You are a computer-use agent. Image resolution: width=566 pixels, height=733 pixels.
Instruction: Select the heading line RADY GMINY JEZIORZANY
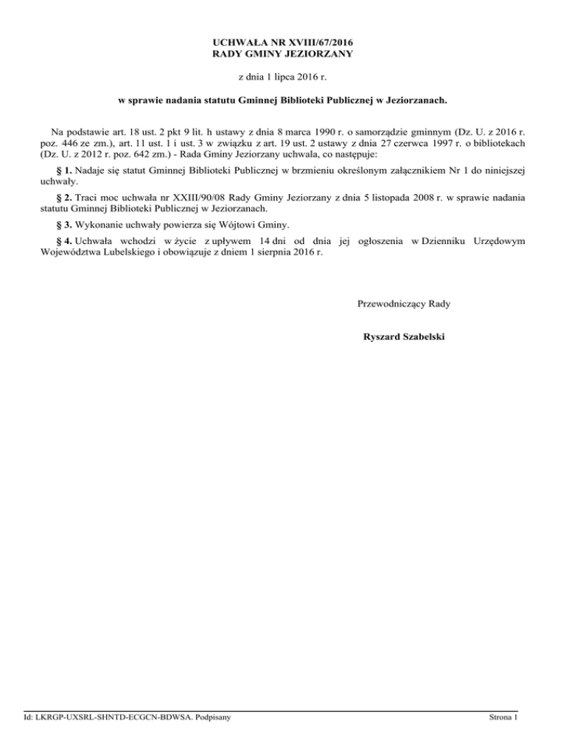[283, 54]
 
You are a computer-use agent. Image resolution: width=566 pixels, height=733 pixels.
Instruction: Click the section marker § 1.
[63, 171]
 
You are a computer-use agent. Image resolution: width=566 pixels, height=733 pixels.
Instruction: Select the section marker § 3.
[63, 224]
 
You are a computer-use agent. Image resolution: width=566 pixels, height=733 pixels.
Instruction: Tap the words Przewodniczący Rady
[404, 303]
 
